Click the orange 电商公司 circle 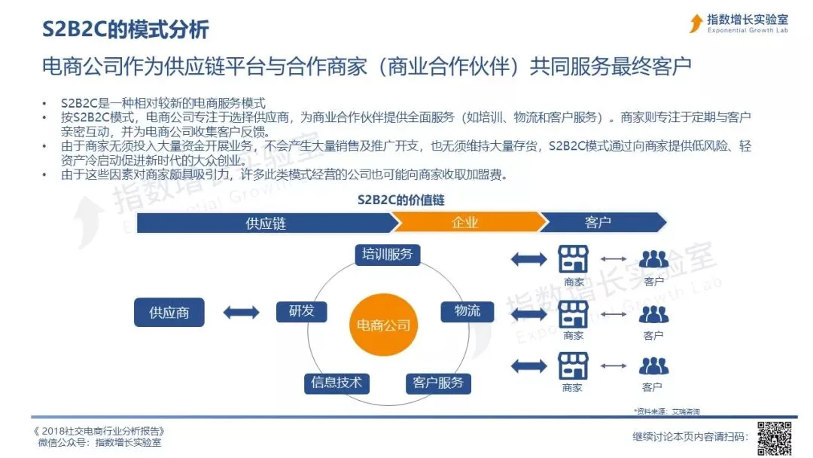(x=384, y=325)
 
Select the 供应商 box (x=169, y=312)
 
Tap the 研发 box (x=301, y=311)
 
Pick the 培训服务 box (x=387, y=254)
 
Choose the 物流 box (x=467, y=311)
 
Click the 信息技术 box (x=336, y=382)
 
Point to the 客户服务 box (x=437, y=383)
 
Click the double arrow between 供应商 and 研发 (x=241, y=312)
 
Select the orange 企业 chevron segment (x=465, y=223)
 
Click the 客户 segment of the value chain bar (x=598, y=223)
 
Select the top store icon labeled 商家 (x=573, y=259)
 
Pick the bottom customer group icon (x=653, y=366)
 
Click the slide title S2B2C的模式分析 (x=125, y=29)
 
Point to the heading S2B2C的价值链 (x=401, y=200)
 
